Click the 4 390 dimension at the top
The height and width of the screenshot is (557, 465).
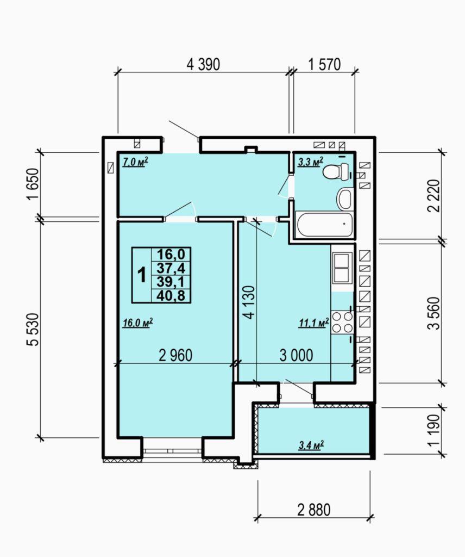203,64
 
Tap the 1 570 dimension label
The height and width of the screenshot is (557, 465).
324,64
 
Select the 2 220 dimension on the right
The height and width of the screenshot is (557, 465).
434,196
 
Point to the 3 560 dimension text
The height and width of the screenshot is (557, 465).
434,313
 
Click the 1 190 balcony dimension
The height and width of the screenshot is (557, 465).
434,430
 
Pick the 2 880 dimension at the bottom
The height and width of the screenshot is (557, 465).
314,510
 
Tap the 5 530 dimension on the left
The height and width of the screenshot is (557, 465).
33,329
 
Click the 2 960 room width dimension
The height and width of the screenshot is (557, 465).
176,355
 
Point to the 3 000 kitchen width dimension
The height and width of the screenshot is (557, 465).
297,355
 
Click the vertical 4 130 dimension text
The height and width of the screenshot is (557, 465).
249,302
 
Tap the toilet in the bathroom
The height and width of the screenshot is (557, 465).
337,172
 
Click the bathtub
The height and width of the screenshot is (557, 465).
324,224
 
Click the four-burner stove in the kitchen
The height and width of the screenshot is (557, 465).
342,322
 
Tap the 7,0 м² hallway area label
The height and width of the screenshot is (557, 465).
135,162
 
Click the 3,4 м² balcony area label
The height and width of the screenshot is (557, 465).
311,445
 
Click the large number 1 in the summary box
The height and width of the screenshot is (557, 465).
142,275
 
